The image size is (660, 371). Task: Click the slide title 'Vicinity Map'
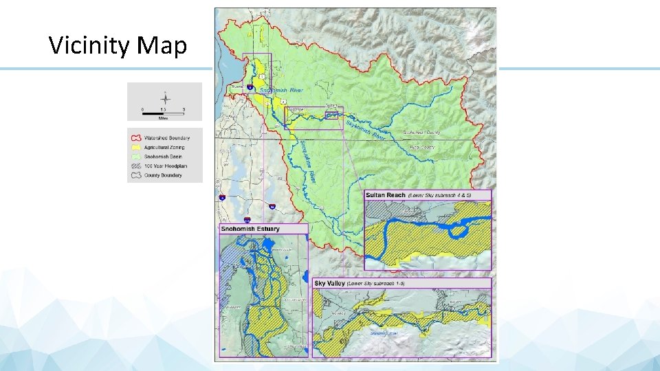(118, 46)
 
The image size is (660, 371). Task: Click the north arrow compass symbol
(164, 98)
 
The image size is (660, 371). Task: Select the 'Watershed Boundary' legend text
(166, 138)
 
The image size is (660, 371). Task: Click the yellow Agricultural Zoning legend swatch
(135, 148)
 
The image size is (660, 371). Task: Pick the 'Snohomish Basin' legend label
(162, 157)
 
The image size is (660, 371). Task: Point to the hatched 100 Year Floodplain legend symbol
(135, 166)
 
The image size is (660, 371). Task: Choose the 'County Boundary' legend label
(163, 175)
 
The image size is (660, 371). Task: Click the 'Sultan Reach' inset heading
(386, 195)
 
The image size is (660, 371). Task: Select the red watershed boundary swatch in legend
(135, 138)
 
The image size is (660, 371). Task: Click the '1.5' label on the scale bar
(164, 109)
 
